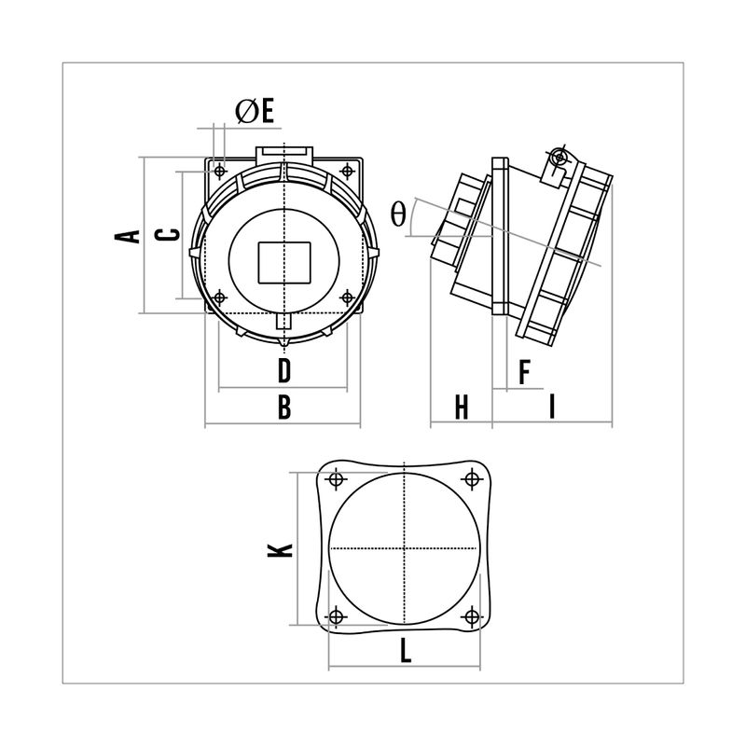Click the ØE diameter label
point(255,112)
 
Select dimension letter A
point(128,236)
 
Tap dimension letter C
point(168,234)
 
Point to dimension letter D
point(284,371)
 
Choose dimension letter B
point(284,408)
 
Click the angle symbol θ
point(398,214)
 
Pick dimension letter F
point(524,372)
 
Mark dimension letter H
point(461,408)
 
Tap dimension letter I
point(552,408)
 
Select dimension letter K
point(281,550)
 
